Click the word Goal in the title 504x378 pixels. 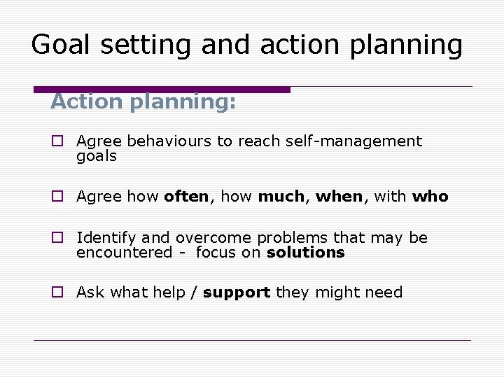tap(59, 45)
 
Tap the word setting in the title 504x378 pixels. tap(143, 45)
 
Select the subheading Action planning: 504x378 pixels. tap(143, 102)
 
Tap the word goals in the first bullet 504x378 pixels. tap(97, 156)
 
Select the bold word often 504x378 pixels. tap(186, 197)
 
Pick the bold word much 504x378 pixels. tap(280, 197)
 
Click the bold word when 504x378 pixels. tap(339, 197)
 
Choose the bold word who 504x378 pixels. tap(430, 197)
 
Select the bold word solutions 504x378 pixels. tap(306, 253)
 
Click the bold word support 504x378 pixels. tap(237, 293)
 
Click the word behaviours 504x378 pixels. tap(169, 141)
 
